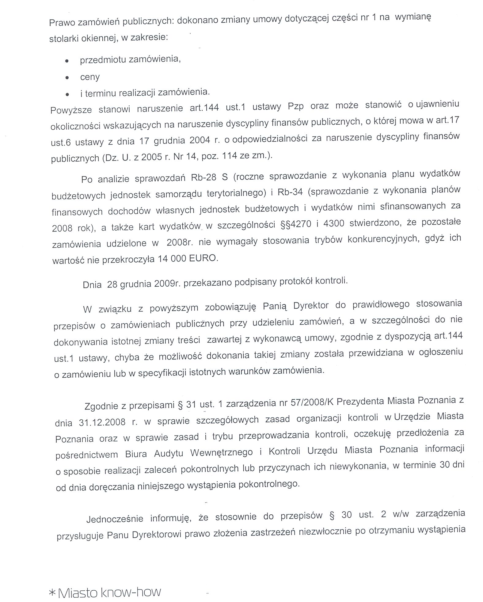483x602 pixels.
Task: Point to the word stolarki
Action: [x=65, y=39]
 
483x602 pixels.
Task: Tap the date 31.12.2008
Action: [x=102, y=422]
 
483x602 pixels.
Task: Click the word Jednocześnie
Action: [x=115, y=519]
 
